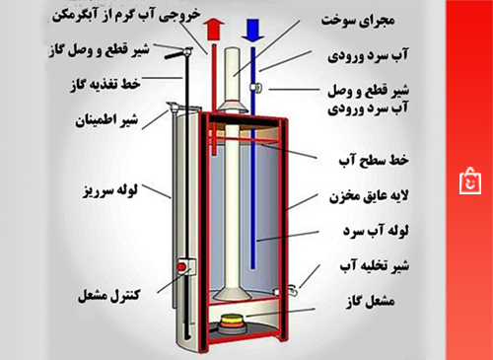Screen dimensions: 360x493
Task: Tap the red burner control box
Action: (x=181, y=267)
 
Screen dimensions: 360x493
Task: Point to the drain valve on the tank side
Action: (x=293, y=287)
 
